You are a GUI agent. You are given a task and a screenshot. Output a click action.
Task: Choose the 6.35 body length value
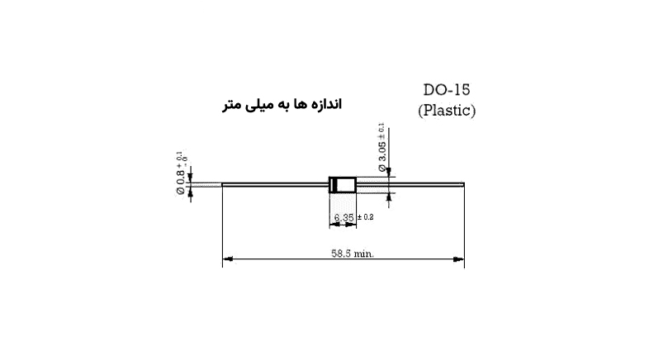click(344, 218)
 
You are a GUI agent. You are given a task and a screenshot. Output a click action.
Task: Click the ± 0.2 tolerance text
click(365, 218)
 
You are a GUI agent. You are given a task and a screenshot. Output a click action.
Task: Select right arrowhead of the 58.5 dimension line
click(461, 259)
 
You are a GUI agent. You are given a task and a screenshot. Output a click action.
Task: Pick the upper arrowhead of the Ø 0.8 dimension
click(191, 176)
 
